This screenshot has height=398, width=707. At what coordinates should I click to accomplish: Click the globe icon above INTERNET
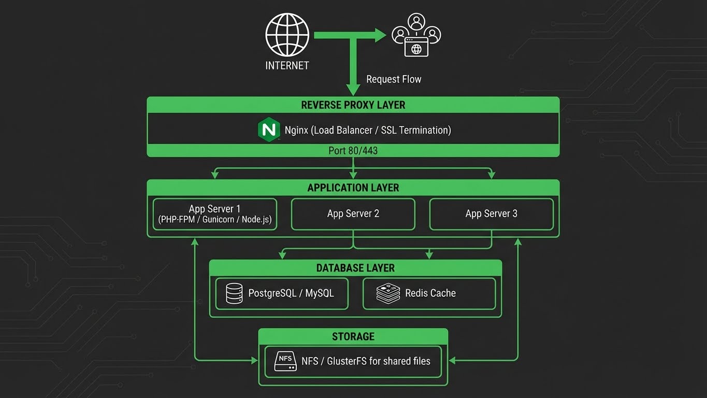[x=287, y=34]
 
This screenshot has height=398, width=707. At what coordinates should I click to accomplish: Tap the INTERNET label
[x=287, y=66]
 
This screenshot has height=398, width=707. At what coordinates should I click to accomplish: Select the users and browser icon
[x=416, y=36]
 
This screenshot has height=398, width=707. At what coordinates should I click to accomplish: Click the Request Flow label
[x=394, y=79]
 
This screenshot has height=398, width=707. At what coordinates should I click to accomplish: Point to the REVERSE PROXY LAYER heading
[x=353, y=105]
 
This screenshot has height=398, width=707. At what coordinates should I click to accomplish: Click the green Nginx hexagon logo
[x=269, y=130]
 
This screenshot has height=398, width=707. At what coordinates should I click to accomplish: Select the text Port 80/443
[x=353, y=151]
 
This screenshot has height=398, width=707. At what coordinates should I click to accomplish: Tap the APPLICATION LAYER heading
[x=353, y=188]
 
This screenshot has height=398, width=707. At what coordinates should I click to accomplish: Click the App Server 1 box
[x=214, y=214]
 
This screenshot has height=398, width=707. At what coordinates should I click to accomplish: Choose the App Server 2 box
[x=353, y=214]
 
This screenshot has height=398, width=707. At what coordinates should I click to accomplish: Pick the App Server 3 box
[x=492, y=214]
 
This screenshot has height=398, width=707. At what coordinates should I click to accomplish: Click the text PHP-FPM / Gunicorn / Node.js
[x=214, y=220]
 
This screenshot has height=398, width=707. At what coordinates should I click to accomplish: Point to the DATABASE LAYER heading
[x=355, y=268]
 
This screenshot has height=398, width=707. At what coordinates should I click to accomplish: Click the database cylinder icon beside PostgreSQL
[x=234, y=293]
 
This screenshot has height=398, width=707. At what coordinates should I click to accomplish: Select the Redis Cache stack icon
[x=388, y=293]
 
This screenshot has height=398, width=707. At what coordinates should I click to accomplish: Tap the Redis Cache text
[x=430, y=293]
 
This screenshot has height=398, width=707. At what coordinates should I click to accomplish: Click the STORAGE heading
[x=353, y=336]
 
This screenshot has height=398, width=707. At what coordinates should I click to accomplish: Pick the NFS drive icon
[x=285, y=362]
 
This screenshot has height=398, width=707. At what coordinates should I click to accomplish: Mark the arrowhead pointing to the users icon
[x=381, y=35]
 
